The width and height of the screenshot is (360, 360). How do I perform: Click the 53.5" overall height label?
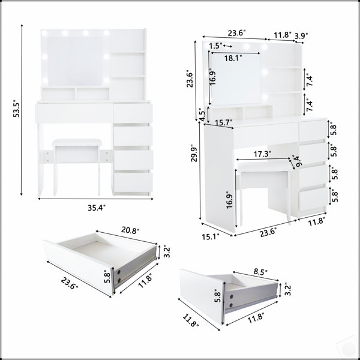pos(17,109)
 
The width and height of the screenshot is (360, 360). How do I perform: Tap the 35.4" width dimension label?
pos(97,208)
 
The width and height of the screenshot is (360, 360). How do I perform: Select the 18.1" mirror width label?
pos(233,58)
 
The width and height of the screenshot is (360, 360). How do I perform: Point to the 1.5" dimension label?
pos(215,46)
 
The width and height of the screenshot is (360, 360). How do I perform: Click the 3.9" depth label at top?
pos(301,35)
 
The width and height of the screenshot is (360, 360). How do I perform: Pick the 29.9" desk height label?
pos(194,153)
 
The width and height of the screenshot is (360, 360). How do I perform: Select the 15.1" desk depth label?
pos(211,236)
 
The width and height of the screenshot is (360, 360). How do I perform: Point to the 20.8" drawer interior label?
pos(130,230)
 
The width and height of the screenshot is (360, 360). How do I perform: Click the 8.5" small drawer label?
pos(261,272)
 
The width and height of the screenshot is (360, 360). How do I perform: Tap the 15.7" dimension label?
pos(224,122)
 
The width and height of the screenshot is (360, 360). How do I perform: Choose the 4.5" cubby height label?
pos(202,115)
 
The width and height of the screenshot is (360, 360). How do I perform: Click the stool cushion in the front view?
pos(76,142)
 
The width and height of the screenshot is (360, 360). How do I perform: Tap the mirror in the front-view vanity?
pos(74,62)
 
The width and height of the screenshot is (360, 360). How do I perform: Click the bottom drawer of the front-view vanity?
pos(133,182)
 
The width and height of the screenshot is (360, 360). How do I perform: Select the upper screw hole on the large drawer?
pos(119,272)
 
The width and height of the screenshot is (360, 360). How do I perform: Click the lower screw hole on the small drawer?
pos(231,305)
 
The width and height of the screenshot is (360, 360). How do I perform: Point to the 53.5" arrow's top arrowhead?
pos(22,25)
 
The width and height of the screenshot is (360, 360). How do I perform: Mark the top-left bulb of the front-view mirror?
pos(44,33)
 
